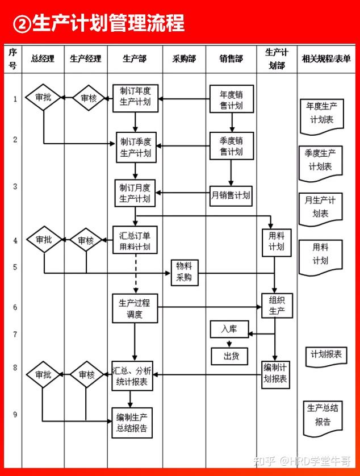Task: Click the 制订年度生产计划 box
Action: click(x=135, y=98)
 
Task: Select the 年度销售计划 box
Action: click(x=232, y=99)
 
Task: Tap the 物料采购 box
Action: click(x=185, y=273)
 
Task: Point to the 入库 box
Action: click(x=229, y=329)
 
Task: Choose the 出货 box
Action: click(x=230, y=356)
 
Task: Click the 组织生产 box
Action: click(x=277, y=306)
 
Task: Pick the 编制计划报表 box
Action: click(x=275, y=374)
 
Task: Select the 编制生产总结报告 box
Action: click(x=132, y=423)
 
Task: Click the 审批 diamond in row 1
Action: click(x=43, y=98)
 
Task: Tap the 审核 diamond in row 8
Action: click(x=87, y=374)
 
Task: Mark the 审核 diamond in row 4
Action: click(x=86, y=240)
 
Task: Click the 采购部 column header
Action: click(x=184, y=59)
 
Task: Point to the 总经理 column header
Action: click(x=43, y=59)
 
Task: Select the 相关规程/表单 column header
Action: click(x=326, y=59)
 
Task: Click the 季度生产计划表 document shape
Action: click(x=321, y=164)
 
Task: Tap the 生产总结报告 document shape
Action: click(x=323, y=418)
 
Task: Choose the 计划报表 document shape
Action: click(x=326, y=356)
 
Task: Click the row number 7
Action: click(x=15, y=334)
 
